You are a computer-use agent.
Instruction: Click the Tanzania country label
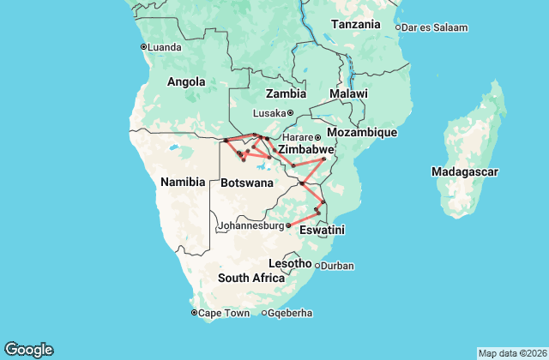pos(355,24)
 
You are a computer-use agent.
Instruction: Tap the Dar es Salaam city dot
pos(398,27)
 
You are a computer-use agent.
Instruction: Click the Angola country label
pos(186,82)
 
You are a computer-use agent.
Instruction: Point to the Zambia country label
pos(286,93)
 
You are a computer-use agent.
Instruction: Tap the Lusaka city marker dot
pos(290,113)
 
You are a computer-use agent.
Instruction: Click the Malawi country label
pos(348,93)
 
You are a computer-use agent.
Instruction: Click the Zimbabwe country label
pos(305,149)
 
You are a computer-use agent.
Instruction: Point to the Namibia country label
pos(183,182)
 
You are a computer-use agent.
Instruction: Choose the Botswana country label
pos(247,183)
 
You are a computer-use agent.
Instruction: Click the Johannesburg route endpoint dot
pos(288,226)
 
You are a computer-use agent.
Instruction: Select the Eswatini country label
pos(322,231)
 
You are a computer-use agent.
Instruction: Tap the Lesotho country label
pos(290,262)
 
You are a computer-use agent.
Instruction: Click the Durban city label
pos(337,266)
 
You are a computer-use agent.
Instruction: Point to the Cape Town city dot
pos(195,313)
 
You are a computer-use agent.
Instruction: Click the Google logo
pos(28,349)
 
